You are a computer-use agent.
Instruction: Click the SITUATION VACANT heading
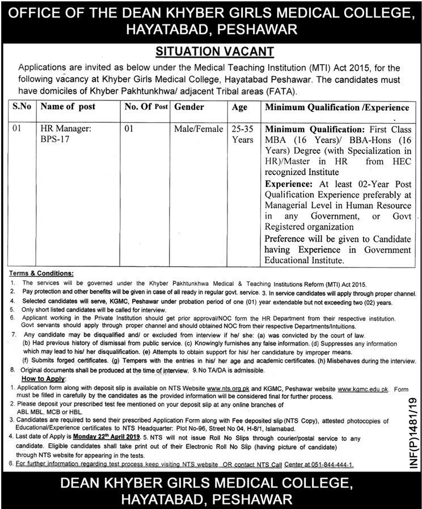(x=211, y=51)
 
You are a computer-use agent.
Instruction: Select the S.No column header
(x=22, y=106)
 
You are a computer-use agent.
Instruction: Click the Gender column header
(x=189, y=106)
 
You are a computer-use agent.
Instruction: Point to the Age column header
(x=240, y=106)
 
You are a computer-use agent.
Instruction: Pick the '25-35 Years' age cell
(x=243, y=134)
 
